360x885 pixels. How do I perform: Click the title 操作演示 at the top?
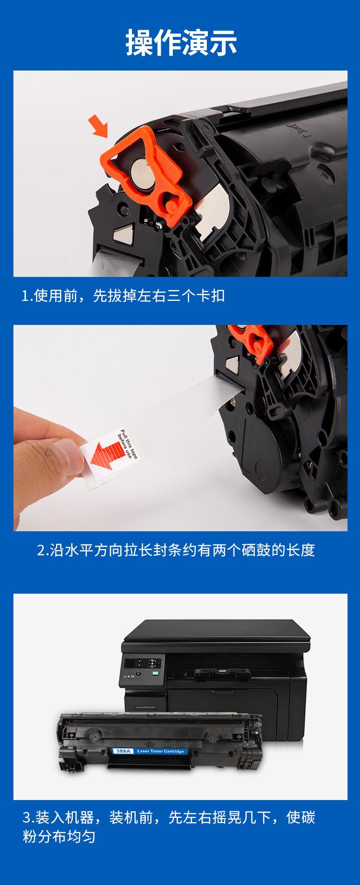click(x=181, y=42)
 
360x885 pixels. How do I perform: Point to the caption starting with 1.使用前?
click(x=123, y=296)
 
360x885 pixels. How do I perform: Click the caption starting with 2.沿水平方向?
click(x=176, y=550)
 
